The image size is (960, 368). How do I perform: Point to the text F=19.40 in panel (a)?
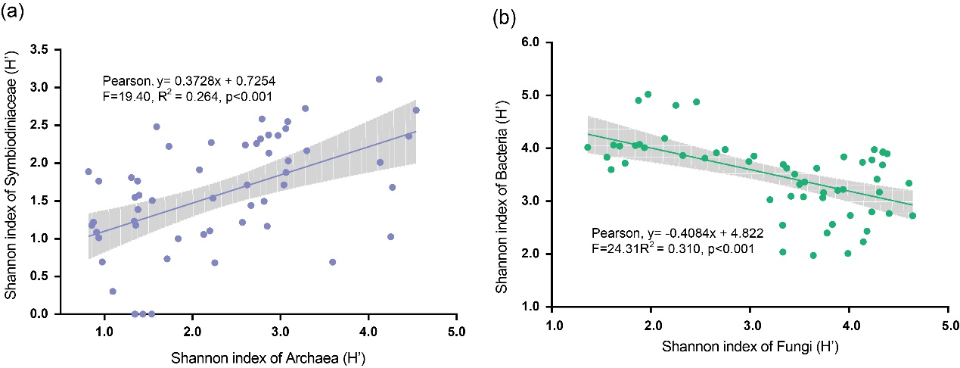[x=129, y=96]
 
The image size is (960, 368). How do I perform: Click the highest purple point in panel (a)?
[x=379, y=79]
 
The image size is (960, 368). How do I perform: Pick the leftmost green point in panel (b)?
[x=587, y=147]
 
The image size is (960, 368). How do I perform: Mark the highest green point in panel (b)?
[x=648, y=94]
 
